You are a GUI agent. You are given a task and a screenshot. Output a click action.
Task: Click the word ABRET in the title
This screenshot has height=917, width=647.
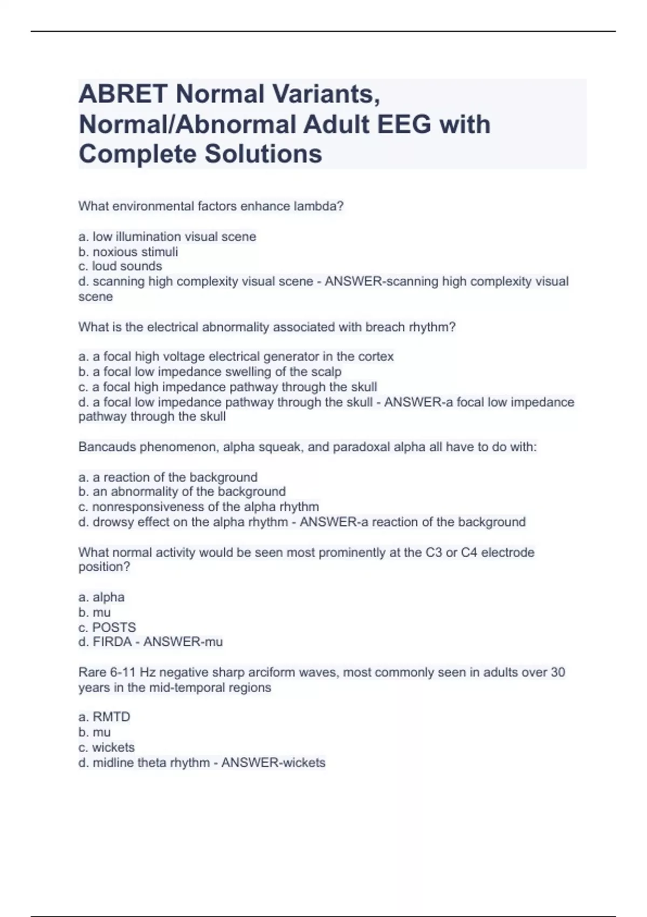(x=122, y=94)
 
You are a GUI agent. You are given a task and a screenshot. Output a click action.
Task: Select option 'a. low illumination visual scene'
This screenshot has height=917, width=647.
(x=167, y=237)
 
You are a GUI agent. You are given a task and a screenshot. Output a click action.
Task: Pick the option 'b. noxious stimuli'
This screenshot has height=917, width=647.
(x=128, y=252)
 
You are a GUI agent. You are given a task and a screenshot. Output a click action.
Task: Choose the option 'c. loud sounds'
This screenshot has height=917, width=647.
(x=120, y=266)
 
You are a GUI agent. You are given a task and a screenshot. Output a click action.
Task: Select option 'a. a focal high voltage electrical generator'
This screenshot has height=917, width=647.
(x=236, y=357)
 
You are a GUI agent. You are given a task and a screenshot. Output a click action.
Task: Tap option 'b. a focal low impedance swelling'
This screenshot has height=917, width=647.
(x=210, y=372)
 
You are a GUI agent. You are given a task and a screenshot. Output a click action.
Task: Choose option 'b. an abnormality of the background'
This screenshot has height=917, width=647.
(x=182, y=492)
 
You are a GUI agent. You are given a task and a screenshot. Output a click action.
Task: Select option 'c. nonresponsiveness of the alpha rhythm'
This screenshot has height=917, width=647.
(x=198, y=507)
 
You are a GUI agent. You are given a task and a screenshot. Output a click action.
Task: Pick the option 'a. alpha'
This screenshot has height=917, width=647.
(x=101, y=598)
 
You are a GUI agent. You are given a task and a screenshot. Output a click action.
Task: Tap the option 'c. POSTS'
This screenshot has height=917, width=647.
(x=107, y=628)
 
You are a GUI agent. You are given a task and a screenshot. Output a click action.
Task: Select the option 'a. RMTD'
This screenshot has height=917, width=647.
(x=105, y=717)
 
